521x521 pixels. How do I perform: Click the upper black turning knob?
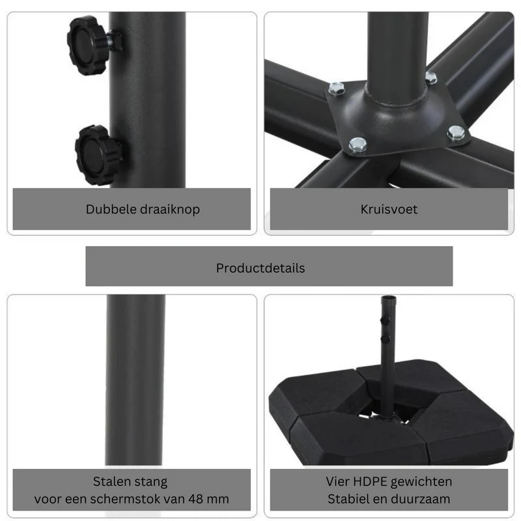pyautogui.click(x=87, y=44)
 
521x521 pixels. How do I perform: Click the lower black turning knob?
pyautogui.click(x=96, y=155)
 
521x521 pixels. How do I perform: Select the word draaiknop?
pyautogui.click(x=170, y=210)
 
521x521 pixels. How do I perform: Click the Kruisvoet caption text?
pyautogui.click(x=389, y=209)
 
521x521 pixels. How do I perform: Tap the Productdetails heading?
pyautogui.click(x=260, y=268)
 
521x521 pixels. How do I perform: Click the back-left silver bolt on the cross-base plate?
pyautogui.click(x=337, y=89)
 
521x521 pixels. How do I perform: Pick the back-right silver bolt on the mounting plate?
pyautogui.click(x=431, y=77)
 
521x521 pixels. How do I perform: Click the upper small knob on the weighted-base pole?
pyautogui.click(x=385, y=320)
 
